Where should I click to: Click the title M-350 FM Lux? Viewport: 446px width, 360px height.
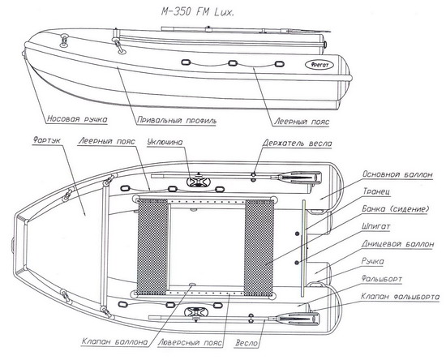point(198,12)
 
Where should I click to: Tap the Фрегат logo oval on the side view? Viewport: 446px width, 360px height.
point(319,65)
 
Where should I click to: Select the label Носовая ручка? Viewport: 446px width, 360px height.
point(77,119)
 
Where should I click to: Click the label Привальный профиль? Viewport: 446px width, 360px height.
point(177,121)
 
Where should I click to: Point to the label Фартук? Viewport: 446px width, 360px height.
point(47,140)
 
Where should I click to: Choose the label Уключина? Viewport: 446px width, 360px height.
point(165,142)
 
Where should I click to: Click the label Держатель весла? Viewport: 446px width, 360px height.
point(297,143)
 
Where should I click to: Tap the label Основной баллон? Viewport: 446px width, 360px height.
point(397,174)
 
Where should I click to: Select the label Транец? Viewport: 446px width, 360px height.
point(376,191)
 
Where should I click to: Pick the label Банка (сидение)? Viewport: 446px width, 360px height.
point(395,209)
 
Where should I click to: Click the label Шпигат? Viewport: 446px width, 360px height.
point(375,227)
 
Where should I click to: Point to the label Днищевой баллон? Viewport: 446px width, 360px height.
point(398,244)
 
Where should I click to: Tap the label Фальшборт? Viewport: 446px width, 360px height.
point(382,279)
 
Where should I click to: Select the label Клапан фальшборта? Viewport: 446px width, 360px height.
point(401,297)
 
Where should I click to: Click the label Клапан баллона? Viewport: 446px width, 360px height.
point(114,341)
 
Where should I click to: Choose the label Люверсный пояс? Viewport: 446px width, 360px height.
point(190,342)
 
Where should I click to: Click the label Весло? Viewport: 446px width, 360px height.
point(247,343)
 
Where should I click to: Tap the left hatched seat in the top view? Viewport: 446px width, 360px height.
point(152,246)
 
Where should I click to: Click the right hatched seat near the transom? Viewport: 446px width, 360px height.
point(259,247)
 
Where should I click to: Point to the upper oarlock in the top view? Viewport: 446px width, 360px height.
point(198,181)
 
